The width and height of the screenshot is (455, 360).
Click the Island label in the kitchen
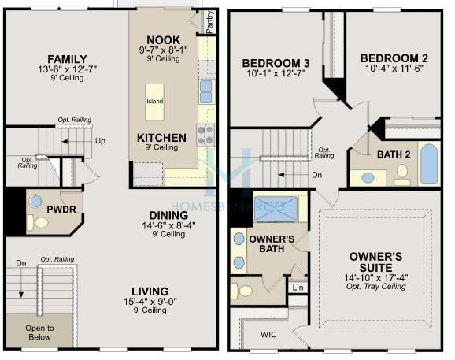click(154, 102)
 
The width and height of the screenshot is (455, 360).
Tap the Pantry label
click(209, 22)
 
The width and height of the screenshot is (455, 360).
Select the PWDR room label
click(61, 210)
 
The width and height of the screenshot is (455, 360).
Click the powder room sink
click(35, 201)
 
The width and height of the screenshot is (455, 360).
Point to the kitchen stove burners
click(205, 135)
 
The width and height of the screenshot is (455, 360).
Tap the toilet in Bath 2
click(402, 175)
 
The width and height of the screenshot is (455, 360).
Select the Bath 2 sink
click(368, 177)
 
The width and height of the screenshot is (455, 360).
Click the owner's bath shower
click(276, 209)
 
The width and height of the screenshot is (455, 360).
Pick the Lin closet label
click(298, 288)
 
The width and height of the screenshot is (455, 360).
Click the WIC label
click(268, 335)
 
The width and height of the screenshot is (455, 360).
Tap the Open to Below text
click(39, 332)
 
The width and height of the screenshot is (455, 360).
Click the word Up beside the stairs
click(100, 141)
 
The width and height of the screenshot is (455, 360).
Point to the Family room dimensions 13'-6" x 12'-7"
click(67, 69)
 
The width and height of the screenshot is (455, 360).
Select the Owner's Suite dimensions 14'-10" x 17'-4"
click(375, 278)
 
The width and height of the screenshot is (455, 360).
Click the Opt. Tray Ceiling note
click(375, 286)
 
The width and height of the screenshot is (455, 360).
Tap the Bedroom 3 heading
click(276, 63)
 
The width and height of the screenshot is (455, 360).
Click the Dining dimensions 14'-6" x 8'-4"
click(168, 225)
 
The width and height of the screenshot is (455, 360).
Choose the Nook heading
click(164, 40)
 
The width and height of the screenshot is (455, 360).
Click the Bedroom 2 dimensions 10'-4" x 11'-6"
click(394, 69)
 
